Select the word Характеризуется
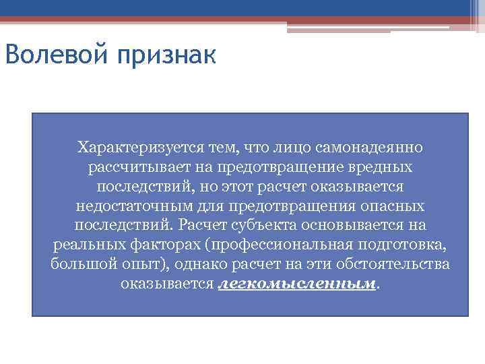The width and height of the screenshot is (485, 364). click(135, 146)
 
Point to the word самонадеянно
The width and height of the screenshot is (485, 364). click(373, 146)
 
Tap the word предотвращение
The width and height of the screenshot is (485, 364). click(278, 166)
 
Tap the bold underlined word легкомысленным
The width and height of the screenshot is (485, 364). click(297, 284)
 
